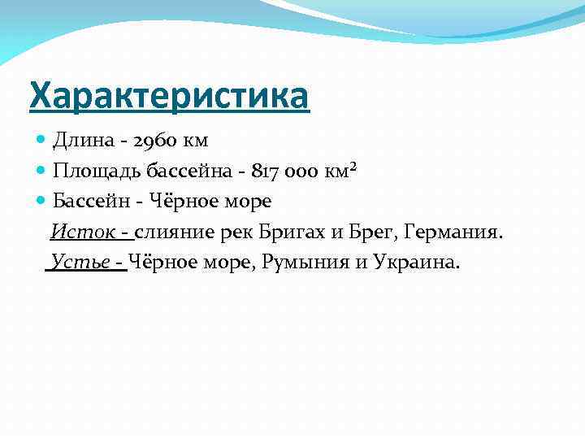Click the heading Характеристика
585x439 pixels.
click(169, 95)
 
